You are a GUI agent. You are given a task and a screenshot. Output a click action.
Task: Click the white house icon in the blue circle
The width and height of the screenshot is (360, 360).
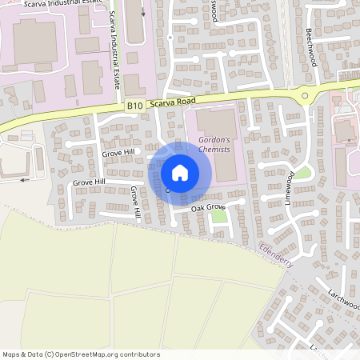[180, 173]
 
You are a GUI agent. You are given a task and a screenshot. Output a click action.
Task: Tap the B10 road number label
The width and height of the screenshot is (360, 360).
[134, 105]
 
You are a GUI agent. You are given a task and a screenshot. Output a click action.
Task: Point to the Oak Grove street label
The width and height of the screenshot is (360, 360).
[209, 207]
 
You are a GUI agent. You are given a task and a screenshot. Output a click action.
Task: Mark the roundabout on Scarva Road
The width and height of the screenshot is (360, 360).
[305, 96]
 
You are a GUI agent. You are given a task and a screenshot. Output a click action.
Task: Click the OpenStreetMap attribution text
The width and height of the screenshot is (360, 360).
[80, 354]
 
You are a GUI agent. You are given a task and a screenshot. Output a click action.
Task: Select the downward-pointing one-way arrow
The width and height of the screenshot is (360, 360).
[144, 12]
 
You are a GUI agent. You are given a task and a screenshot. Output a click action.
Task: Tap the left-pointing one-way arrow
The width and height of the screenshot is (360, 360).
[24, 179]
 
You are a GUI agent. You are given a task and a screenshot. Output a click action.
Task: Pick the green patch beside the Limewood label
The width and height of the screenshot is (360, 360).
[303, 173]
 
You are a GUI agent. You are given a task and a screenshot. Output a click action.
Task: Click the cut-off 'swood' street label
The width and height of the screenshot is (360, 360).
[212, 10]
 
